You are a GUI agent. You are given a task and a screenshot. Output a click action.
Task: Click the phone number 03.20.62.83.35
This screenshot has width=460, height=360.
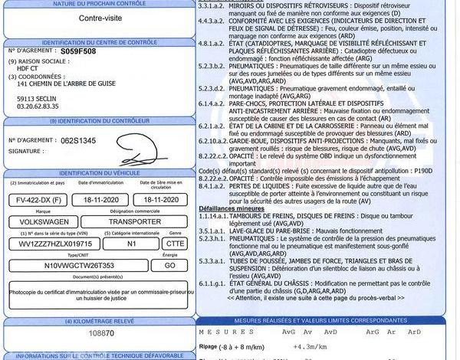[x=40, y=107]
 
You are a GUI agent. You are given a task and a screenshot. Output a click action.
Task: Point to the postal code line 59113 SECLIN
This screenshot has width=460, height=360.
[x=38, y=99]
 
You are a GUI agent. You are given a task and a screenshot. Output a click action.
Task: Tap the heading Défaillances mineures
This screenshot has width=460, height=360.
[x=234, y=208]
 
